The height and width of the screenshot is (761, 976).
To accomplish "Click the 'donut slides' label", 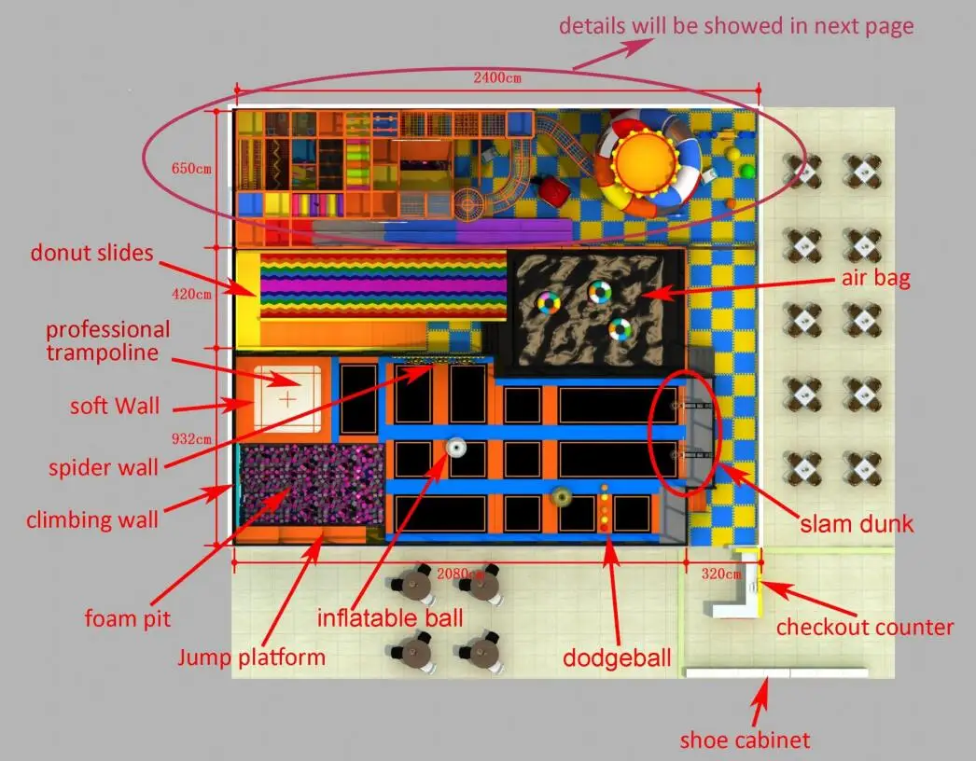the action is (x=91, y=252).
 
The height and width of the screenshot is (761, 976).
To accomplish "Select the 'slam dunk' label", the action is (x=857, y=523).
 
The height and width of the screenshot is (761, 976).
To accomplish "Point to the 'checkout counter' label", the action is (x=864, y=627).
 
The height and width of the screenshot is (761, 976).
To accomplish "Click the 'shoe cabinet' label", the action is (x=745, y=740).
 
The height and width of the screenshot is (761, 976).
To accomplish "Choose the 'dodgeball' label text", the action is (x=616, y=657).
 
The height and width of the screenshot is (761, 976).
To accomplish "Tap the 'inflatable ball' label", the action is (x=389, y=617).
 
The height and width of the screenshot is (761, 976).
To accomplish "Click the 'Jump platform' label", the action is (x=252, y=657).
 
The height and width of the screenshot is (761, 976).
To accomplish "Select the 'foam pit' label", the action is (x=128, y=617).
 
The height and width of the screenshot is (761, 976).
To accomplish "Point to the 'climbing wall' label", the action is (x=92, y=519).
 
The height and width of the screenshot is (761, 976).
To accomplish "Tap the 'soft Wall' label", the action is (x=113, y=407).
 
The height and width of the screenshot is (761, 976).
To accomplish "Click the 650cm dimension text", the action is (x=191, y=170).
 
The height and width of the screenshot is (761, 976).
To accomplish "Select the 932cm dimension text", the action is (x=191, y=437).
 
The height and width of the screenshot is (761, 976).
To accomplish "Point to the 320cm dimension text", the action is (x=720, y=574).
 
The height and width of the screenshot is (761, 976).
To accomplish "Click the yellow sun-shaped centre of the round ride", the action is (x=643, y=159).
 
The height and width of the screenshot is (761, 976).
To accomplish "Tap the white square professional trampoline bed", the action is (x=288, y=398).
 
